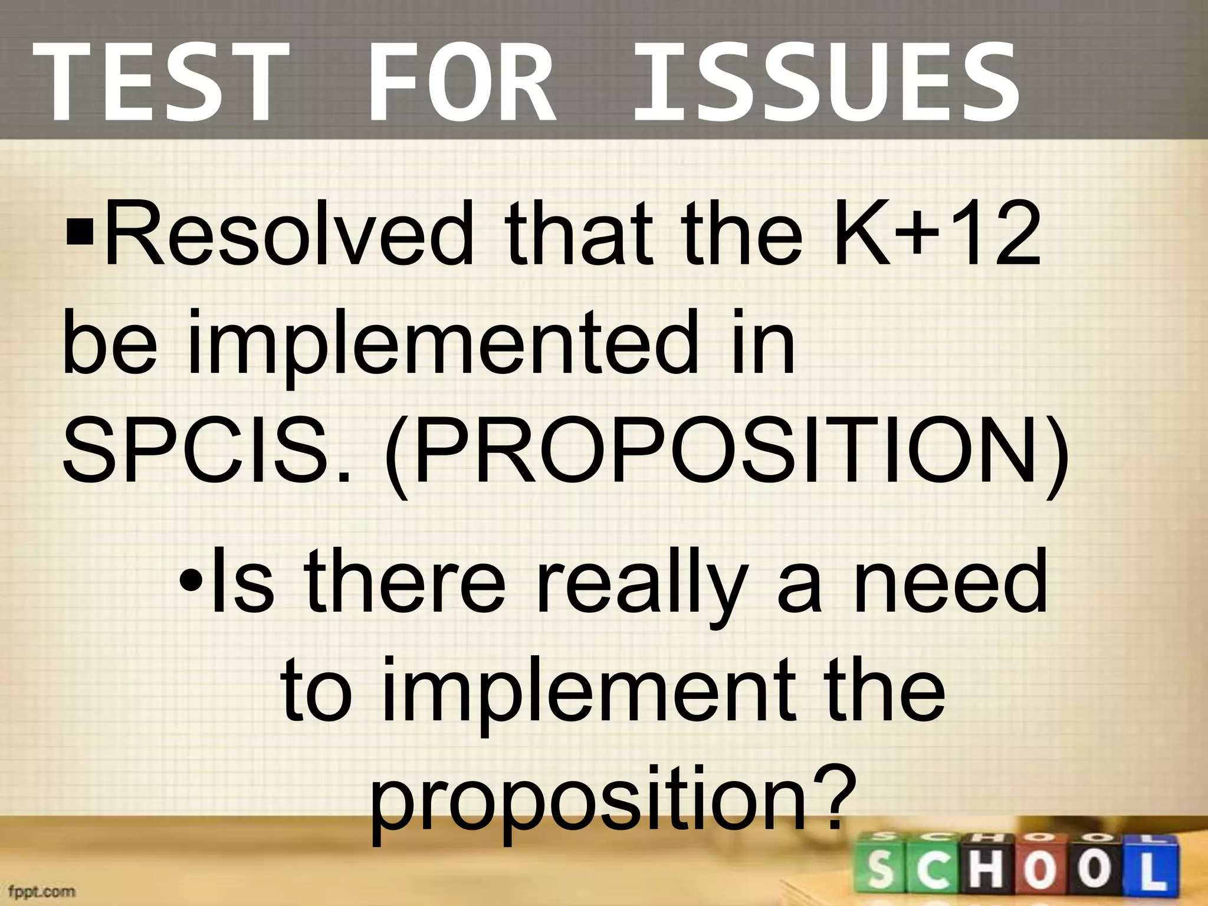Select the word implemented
point(442,345)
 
